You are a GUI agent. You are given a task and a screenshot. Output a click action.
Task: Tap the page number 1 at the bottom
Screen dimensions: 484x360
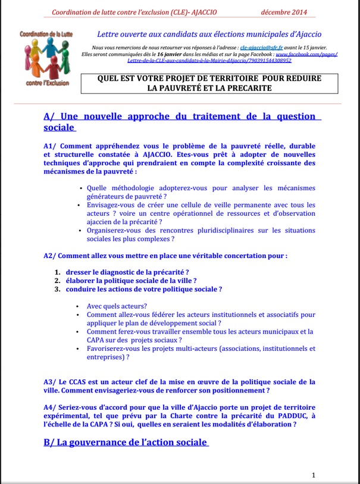pos(314,474)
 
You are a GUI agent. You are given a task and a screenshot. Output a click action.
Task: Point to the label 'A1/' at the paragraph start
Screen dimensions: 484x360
pos(50,146)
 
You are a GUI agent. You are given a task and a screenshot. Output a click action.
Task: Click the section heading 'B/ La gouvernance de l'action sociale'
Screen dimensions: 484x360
pos(126,442)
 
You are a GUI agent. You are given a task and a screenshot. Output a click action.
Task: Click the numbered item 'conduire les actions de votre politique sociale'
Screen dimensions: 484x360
pos(144,289)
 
